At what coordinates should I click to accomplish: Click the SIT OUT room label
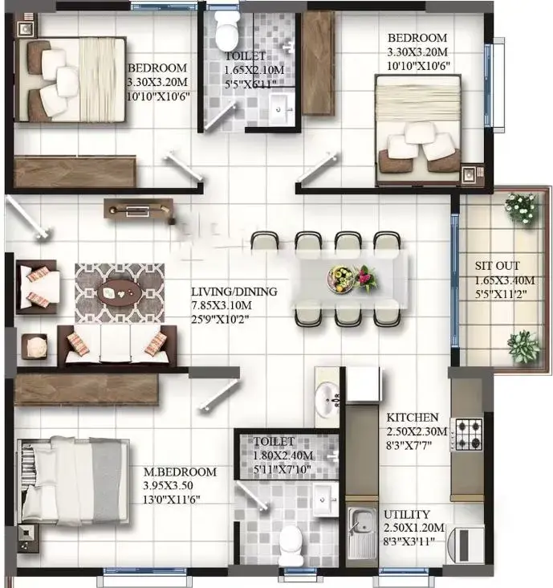497,266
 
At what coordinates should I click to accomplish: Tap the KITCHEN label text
412,418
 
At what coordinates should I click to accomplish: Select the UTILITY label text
406,514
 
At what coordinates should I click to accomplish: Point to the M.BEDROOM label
180,472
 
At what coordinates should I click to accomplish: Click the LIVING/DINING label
234,292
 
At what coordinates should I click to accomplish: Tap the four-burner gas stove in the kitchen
469,435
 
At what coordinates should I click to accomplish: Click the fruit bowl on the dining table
340,279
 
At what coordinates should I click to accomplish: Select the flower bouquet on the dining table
365,278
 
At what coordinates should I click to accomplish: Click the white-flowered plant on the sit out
521,208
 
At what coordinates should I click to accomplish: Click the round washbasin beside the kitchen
327,398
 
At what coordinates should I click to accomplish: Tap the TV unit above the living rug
138,209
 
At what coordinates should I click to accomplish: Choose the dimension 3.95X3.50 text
169,486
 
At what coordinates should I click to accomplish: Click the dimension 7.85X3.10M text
222,305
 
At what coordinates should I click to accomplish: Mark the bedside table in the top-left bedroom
26,26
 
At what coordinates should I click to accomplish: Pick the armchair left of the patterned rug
37,287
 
